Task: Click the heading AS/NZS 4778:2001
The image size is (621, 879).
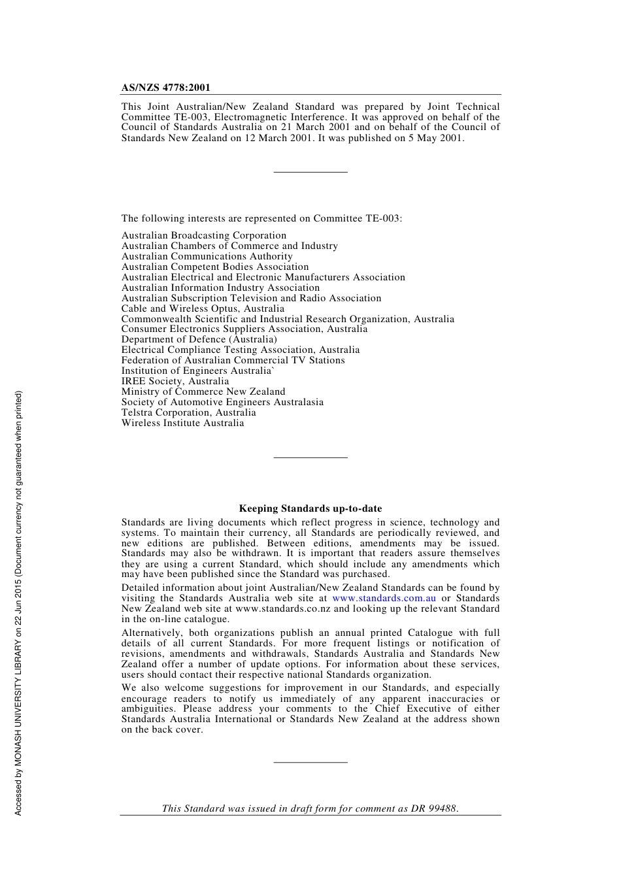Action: (165, 88)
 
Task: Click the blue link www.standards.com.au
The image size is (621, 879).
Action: (384, 598)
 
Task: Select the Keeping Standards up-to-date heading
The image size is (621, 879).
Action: (310, 508)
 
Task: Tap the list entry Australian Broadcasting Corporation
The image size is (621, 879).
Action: (203, 235)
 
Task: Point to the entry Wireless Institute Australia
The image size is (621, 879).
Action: (182, 423)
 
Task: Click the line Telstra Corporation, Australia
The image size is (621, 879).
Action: (188, 412)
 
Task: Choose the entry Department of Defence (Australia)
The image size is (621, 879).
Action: (199, 339)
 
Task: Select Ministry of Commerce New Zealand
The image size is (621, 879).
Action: (203, 391)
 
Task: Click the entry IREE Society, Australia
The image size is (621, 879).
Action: (175, 381)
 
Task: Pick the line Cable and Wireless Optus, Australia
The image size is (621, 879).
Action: (203, 308)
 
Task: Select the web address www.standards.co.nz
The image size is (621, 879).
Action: (282, 608)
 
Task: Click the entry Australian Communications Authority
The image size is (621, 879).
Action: (207, 256)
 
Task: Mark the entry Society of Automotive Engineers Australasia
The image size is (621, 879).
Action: (222, 402)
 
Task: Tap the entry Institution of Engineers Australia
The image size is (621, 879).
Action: (197, 371)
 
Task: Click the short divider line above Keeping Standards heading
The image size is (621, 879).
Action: (310, 457)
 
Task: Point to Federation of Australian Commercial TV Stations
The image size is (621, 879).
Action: (233, 360)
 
